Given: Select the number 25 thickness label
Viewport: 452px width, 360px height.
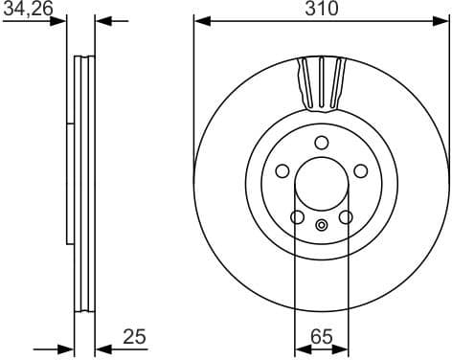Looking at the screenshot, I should [135, 336].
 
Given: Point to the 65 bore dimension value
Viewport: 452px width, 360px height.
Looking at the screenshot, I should [322, 336].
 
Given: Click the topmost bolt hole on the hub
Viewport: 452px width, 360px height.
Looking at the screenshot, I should [321, 144].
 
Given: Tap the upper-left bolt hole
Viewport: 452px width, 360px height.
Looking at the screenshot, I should [282, 170].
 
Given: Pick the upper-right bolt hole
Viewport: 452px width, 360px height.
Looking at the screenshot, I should [361, 170].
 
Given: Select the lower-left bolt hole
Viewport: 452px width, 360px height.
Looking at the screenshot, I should [297, 217].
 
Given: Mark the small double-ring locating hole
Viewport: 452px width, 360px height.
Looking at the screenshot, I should [322, 226].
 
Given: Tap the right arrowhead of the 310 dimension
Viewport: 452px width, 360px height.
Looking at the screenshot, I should [442, 20].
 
